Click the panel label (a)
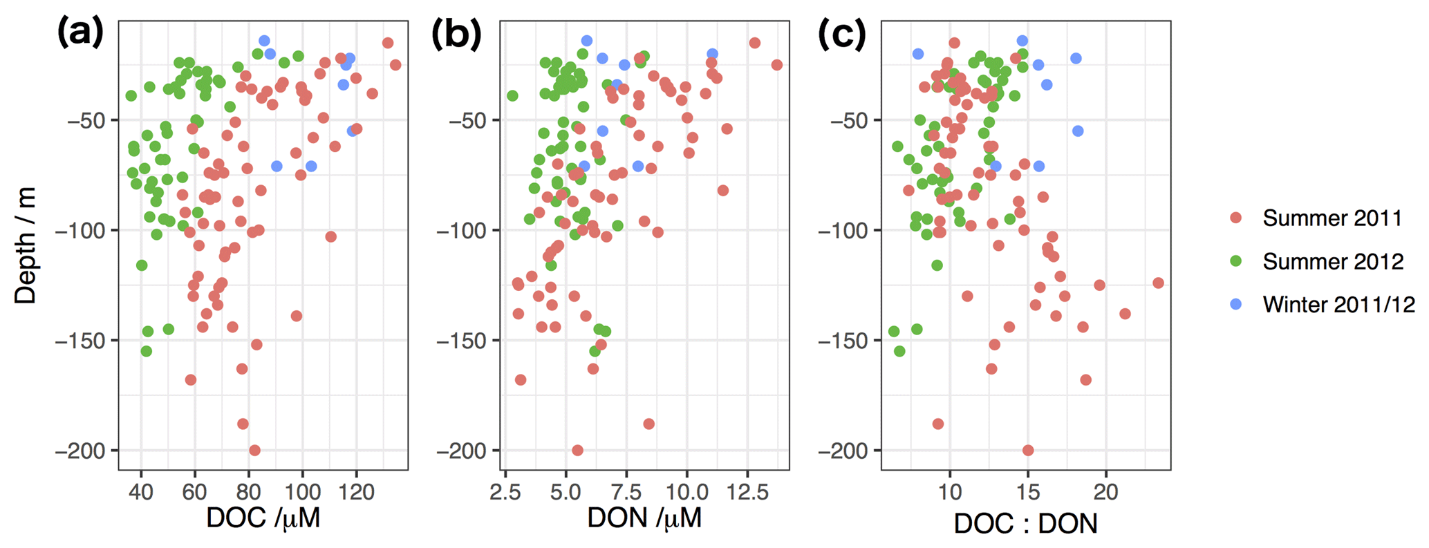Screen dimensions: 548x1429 (x=80, y=32)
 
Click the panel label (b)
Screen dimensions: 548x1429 (x=456, y=32)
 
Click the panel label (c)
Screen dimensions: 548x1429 (x=841, y=32)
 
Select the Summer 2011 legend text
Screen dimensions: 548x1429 (x=1332, y=218)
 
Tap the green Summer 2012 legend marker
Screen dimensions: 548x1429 (x=1236, y=261)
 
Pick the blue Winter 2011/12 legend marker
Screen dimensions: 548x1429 (x=1236, y=304)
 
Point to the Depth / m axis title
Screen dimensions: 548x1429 (x=26, y=246)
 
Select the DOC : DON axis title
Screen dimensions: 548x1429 (x=1025, y=523)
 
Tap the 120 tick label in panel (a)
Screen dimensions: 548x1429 (x=357, y=492)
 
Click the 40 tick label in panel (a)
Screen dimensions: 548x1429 (x=141, y=492)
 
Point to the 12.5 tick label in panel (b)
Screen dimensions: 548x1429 (x=747, y=492)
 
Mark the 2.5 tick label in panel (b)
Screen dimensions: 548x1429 (x=505, y=492)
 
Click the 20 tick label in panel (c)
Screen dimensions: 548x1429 (x=1106, y=492)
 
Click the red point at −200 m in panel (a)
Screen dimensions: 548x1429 (x=254, y=451)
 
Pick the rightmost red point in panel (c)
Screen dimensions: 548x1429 (x=1158, y=283)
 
